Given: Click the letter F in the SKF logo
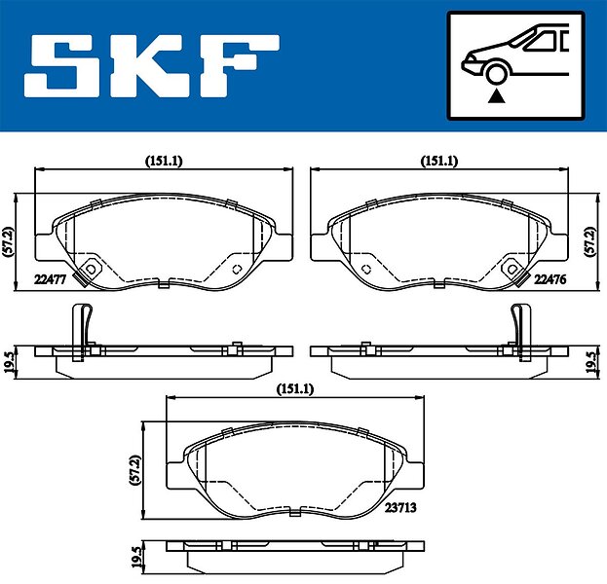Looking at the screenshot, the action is click(x=239, y=66).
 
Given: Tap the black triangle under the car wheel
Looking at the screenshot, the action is click(x=496, y=96).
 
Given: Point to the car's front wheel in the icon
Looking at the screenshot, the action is click(x=496, y=73).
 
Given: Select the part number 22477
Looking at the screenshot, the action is click(x=51, y=278).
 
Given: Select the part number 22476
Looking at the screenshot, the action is click(x=550, y=278).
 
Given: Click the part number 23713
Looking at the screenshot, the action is click(x=400, y=507).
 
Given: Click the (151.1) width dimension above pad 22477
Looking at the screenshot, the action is click(x=164, y=161).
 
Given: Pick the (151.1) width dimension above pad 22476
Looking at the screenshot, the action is click(x=439, y=161).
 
